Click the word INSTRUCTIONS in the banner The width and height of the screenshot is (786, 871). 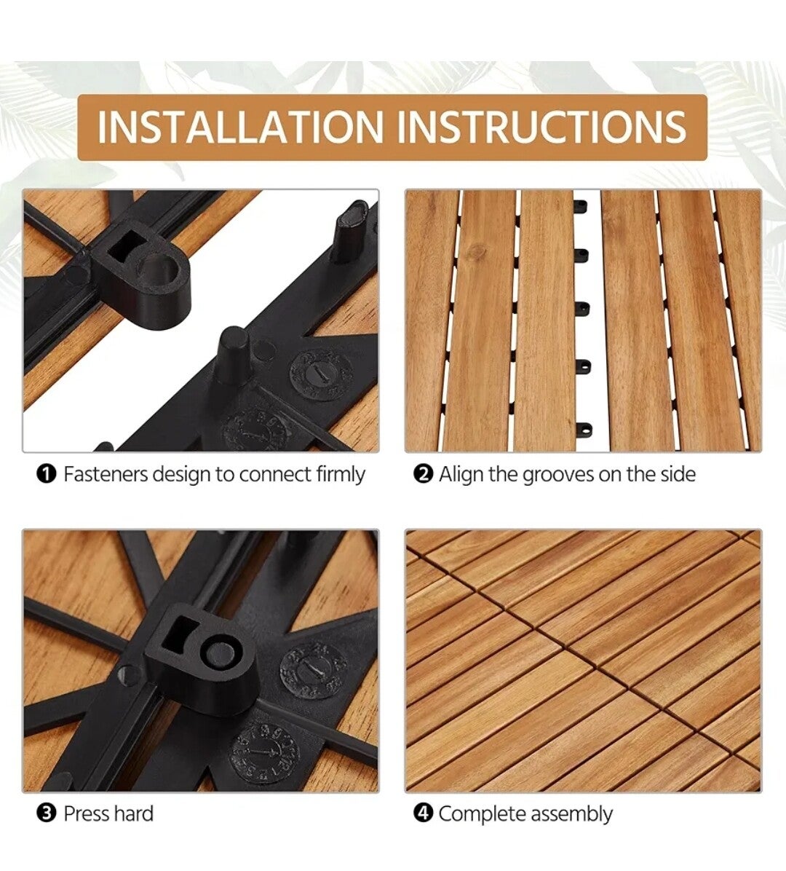pos(542,127)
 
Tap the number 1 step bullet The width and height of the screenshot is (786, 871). pos(47,474)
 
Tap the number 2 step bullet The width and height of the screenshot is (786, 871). pos(423,474)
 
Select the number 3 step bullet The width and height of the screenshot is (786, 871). pos(47,813)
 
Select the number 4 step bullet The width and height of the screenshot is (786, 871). pos(423,813)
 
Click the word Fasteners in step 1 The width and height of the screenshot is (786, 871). pos(106,474)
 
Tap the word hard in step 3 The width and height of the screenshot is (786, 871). pos(131,813)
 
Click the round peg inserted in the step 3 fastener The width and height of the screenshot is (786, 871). pos(221,653)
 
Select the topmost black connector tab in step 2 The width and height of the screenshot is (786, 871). pos(581,208)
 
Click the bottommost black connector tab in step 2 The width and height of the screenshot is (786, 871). pos(583,429)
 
